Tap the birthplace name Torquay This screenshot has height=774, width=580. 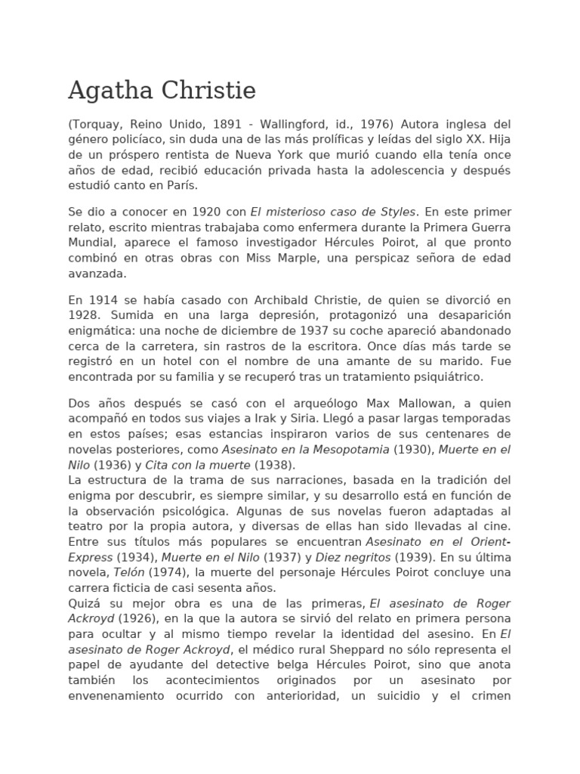[x=97, y=123]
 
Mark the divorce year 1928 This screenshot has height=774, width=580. [x=83, y=315]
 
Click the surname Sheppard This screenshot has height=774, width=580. [x=338, y=650]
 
